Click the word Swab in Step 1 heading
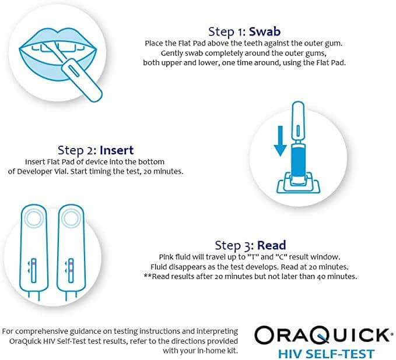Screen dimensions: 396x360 tap(265, 32)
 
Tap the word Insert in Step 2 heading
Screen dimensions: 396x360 tap(117, 150)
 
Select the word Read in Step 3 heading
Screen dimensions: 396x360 tap(272, 245)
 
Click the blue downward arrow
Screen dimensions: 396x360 tap(281, 142)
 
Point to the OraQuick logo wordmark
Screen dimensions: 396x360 tap(323, 335)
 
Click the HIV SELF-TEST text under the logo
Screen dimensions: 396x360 tap(326, 354)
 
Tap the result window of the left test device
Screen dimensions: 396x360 tap(34, 270)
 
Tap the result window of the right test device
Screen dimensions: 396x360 tap(71, 270)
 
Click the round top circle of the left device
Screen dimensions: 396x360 tap(34, 218)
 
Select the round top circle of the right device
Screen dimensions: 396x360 tap(71, 218)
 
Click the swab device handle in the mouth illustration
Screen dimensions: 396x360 tap(82, 80)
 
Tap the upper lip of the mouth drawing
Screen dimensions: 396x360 tap(58, 38)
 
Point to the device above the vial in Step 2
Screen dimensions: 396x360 tap(298, 122)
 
